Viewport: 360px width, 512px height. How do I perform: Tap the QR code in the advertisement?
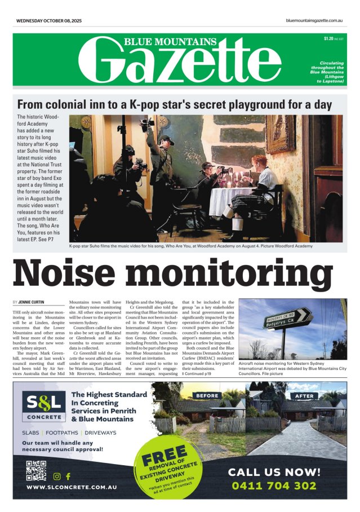pyautogui.click(x=35, y=470)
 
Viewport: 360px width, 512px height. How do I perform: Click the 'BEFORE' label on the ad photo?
pyautogui.click(x=207, y=396)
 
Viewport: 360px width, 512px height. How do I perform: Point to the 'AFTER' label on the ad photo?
pyautogui.click(x=305, y=396)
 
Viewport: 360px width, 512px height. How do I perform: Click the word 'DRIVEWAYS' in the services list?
pyautogui.click(x=101, y=432)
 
